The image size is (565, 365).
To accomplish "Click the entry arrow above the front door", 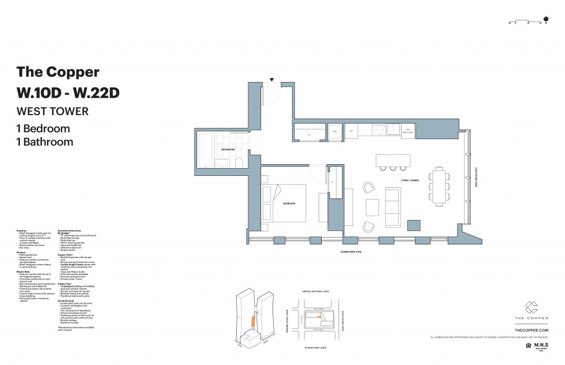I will click(271, 79).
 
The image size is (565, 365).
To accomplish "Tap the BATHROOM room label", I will click(228, 149).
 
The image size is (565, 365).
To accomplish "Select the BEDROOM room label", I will click(290, 203).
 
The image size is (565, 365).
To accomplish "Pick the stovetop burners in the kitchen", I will click(380, 130).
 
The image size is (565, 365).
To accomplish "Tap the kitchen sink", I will click(393, 130).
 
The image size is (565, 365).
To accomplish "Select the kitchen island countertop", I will click(393, 159).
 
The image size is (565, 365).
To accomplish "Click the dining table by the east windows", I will click(439, 185).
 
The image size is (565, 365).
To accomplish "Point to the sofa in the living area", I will click(393, 207).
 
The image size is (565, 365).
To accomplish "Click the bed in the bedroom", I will click(287, 203).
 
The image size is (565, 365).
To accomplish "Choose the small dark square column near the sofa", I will click(413, 224).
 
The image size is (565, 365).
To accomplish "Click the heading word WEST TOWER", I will click(52, 111).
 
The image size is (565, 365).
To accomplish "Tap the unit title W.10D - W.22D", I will click(68, 92).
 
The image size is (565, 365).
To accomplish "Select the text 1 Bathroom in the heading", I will click(45, 142).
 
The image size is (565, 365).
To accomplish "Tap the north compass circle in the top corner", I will click(546, 18).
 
